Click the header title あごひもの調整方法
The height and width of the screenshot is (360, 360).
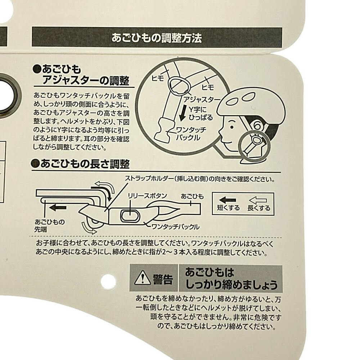pos(157,38)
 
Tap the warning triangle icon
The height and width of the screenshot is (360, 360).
pos(142,278)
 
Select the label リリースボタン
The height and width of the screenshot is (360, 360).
pos(147,196)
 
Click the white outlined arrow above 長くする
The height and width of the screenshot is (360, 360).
pos(258,200)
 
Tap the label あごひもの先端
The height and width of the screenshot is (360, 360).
pos(50,225)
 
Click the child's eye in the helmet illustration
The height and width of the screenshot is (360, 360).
pos(232,127)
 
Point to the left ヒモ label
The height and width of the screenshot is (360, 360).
pos(158,78)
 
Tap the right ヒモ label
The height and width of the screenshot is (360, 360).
pos(208,87)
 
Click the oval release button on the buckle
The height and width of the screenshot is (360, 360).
pos(130,216)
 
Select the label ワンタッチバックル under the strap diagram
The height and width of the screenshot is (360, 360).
pos(175,227)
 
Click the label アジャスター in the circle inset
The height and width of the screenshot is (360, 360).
pos(202,100)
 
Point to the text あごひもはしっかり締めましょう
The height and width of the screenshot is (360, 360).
pos(231,279)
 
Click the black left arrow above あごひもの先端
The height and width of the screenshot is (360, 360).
pos(58,208)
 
